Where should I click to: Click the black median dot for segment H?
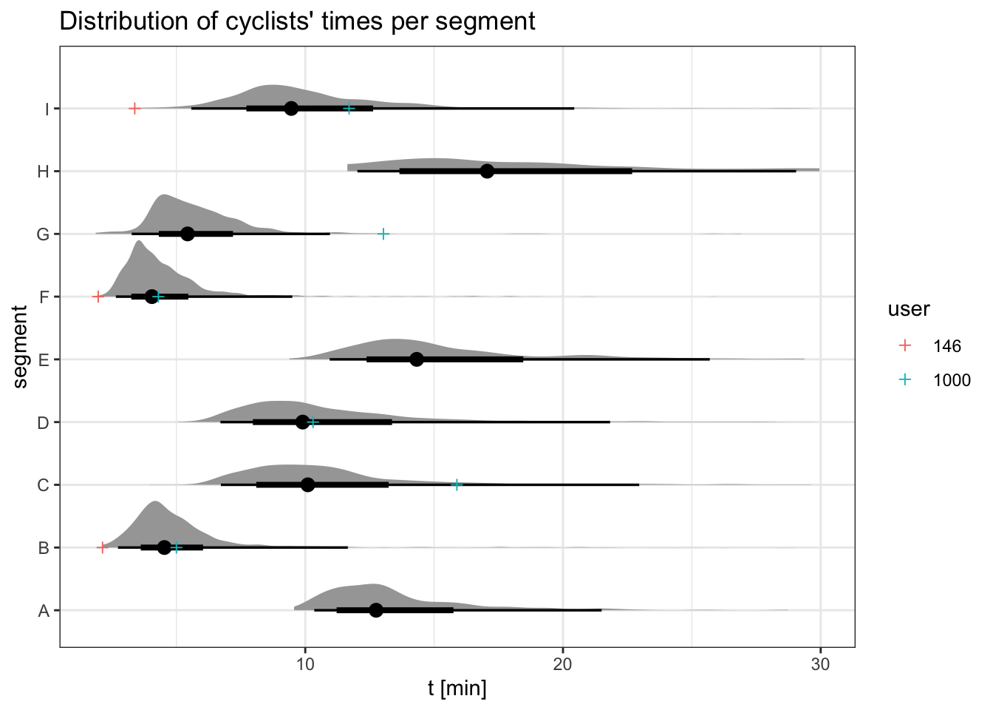coord(487,171)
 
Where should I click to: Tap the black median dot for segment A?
coord(376,610)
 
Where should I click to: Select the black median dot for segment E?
coord(417,359)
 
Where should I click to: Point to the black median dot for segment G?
coord(188,234)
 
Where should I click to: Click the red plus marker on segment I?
coord(134,109)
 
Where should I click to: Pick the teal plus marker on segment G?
coord(383,234)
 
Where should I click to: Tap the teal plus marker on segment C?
coord(457,484)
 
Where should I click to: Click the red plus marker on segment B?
coord(103,547)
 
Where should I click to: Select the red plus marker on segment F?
coord(98,297)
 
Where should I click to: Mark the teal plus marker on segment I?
coord(349,109)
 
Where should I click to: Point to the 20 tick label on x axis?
coord(563,664)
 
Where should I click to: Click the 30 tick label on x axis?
coord(820,664)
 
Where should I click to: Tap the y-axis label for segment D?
coord(44,422)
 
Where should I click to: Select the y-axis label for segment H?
coord(44,172)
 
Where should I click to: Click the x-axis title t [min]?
coord(457,689)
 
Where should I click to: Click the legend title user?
coord(909,309)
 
